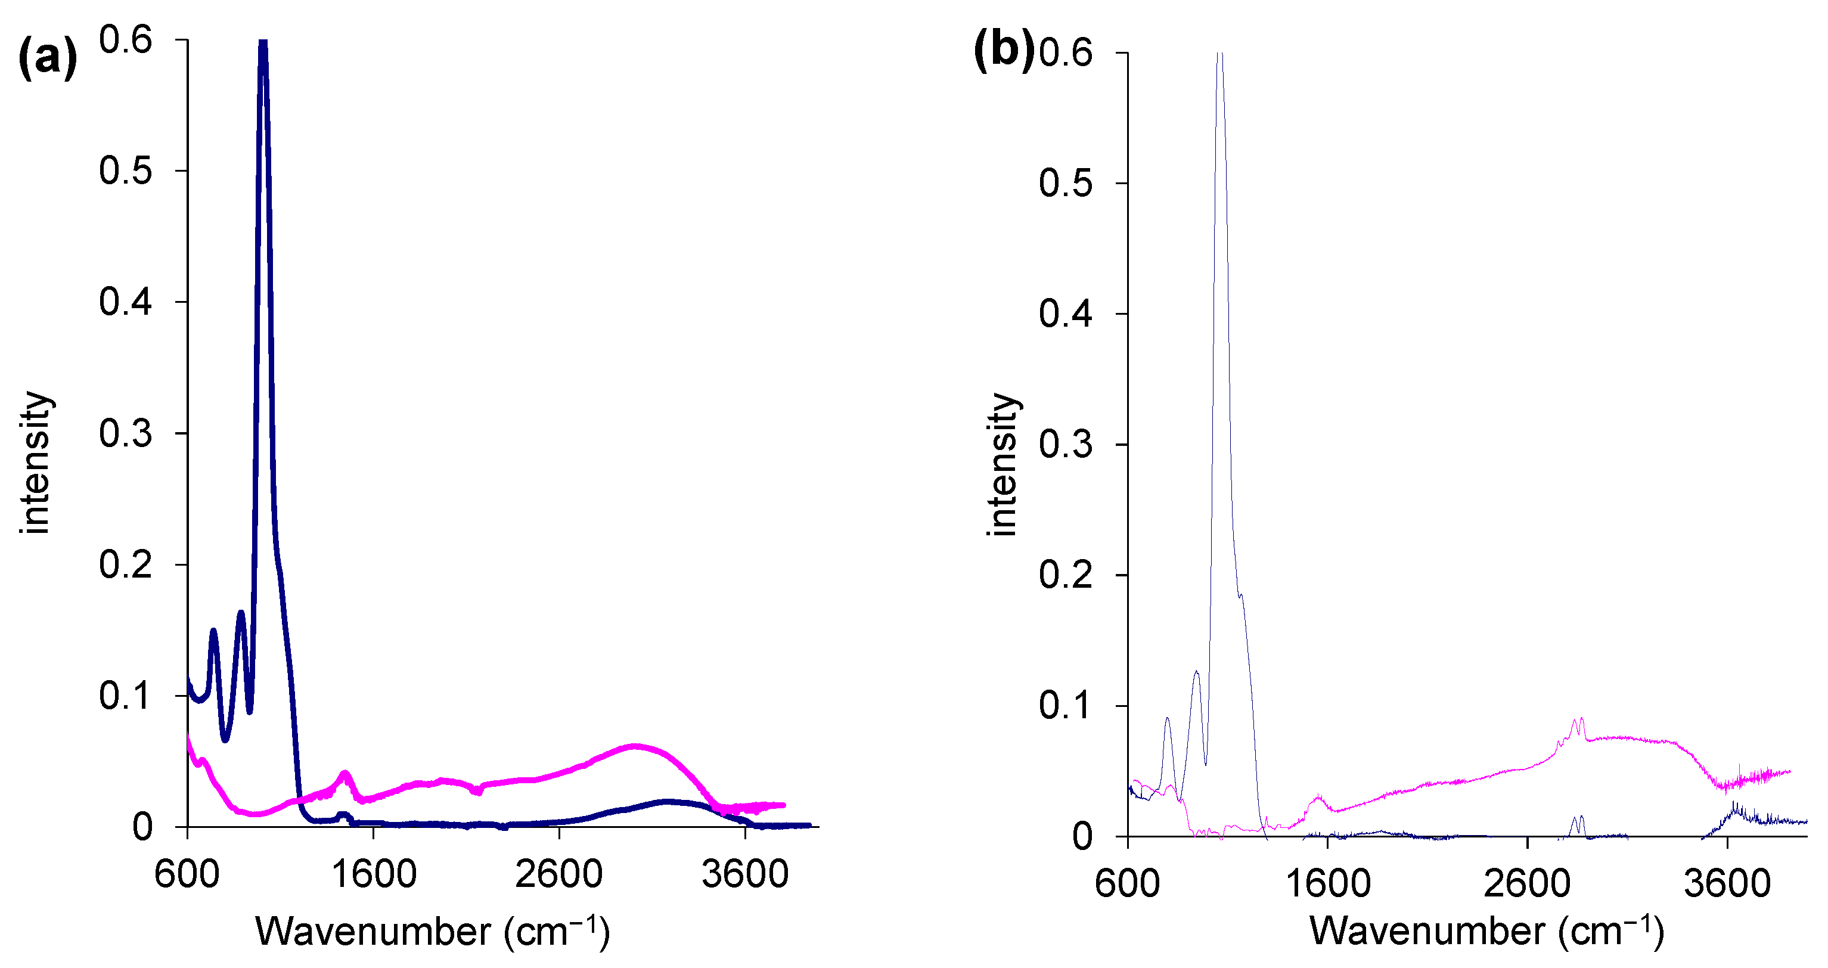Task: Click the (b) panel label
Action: [x=1004, y=51]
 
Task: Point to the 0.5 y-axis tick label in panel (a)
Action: [x=126, y=171]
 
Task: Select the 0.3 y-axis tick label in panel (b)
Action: [x=1065, y=445]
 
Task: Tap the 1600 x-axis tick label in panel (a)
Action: [x=374, y=874]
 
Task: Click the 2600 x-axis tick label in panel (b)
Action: [x=1527, y=883]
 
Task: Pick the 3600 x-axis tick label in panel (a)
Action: [x=745, y=874]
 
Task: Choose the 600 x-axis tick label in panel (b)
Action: [x=1128, y=883]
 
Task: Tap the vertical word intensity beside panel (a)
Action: [x=36, y=462]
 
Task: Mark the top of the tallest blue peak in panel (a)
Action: [x=263, y=42]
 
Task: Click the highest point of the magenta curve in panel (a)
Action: [x=635, y=746]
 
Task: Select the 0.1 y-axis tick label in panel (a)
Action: [x=126, y=696]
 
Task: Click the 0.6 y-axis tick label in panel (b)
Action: [x=1065, y=52]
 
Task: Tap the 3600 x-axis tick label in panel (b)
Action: [x=1727, y=883]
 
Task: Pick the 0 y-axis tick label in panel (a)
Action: [x=142, y=827]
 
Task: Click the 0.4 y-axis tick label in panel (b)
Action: [x=1065, y=314]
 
